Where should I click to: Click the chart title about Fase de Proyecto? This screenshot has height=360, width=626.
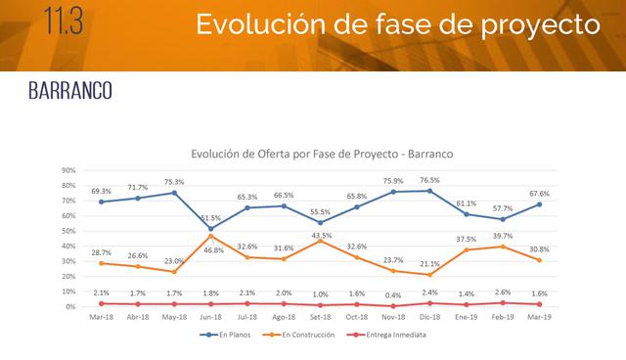[315, 154]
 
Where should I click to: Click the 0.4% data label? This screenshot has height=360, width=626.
[392, 294]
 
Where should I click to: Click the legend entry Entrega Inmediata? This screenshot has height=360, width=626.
[392, 335]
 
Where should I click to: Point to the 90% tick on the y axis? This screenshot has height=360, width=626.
[68, 169]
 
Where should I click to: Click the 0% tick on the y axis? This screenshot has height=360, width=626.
[71, 307]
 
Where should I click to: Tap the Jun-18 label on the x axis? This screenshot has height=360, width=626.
[211, 318]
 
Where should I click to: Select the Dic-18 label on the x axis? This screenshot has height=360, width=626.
[428, 318]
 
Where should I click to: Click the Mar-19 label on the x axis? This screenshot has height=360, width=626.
[538, 318]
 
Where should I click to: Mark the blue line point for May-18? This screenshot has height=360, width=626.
[174, 193]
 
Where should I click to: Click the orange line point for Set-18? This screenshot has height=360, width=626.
[320, 241]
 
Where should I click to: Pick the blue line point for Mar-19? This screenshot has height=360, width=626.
[538, 204]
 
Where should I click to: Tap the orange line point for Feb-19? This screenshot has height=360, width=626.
[502, 247]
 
